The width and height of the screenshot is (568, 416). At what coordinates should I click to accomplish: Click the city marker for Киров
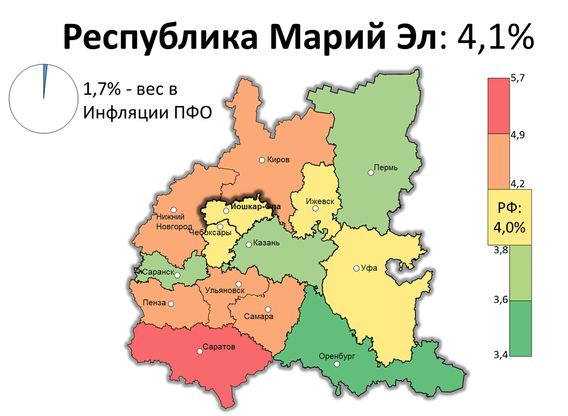coord(262,160)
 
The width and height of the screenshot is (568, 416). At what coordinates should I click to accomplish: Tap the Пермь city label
coord(386,167)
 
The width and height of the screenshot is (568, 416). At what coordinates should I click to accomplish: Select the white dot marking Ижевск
coord(315,208)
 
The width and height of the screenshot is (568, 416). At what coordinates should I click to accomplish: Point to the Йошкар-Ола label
coord(256,209)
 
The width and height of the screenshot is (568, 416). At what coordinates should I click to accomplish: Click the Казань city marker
coord(249,244)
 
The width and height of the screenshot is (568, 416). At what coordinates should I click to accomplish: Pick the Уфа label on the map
coord(369,268)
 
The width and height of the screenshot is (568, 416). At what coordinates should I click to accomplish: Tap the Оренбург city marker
coord(337,364)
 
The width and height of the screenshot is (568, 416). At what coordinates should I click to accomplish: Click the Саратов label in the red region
coord(219,347)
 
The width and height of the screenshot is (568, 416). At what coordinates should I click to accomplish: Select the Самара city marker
coord(268,309)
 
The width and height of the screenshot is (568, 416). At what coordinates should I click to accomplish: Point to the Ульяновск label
coord(225,290)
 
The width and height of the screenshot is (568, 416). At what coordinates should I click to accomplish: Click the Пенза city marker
coord(171,303)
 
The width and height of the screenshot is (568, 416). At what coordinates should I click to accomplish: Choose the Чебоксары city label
coord(210,233)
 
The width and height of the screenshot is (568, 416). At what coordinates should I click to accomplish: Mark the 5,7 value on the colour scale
coord(517,79)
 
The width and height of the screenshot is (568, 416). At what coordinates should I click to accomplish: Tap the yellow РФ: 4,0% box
coord(509,217)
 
